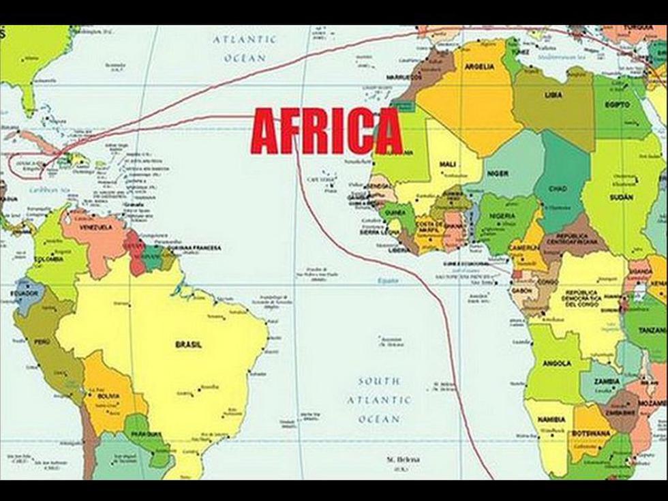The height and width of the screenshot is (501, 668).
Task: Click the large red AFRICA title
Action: tap(327, 132)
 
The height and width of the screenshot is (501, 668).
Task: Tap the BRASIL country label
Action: tap(189, 344)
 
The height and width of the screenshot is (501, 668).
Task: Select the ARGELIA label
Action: tap(479, 67)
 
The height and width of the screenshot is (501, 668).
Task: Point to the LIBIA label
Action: tap(553, 95)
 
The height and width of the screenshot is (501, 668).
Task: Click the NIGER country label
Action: tap(498, 174)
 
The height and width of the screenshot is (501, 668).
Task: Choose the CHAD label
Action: tap(558, 188)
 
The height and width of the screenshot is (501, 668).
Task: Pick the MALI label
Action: tap(448, 164)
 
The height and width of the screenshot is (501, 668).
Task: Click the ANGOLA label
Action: tap(557, 364)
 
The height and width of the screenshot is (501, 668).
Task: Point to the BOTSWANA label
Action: tap(590, 434)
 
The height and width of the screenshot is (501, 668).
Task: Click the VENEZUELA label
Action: tap(95, 228)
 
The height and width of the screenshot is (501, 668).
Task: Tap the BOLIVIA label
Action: tap(108, 395)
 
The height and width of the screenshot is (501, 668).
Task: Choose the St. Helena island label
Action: tap(401, 460)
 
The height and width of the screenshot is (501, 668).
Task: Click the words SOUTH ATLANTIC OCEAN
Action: tap(379, 400)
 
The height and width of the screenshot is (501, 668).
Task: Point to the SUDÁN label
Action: tap(622, 197)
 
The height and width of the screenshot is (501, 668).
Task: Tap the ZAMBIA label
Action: tap(606, 381)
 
